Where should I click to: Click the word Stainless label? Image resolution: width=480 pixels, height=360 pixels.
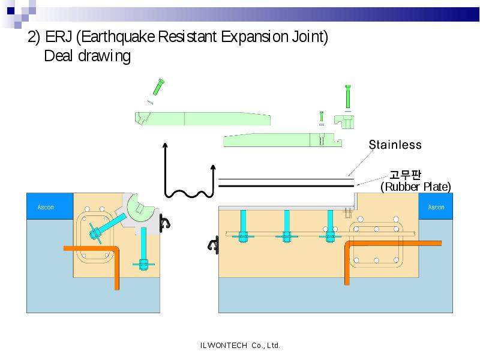[395, 145]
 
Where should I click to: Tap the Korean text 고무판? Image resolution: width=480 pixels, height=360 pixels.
[405, 175]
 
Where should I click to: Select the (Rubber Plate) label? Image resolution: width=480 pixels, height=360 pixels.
[416, 187]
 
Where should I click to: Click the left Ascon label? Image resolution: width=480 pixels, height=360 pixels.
[46, 207]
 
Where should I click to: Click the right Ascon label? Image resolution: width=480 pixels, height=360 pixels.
[436, 207]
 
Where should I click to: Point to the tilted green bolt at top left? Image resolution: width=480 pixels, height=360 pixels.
[158, 87]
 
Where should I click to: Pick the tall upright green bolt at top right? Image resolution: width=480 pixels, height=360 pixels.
[348, 97]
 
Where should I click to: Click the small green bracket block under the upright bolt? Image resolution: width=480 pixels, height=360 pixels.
[344, 122]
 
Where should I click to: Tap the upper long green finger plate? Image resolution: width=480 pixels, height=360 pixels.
[202, 119]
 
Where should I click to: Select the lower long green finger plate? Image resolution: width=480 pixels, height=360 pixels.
[282, 140]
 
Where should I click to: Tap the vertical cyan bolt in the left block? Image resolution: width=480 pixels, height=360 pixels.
[143, 248]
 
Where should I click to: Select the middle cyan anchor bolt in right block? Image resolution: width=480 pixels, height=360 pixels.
[287, 226]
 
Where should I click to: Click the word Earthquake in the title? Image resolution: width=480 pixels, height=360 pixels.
[118, 37]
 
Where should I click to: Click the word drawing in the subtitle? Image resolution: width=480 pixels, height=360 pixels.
[104, 56]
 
